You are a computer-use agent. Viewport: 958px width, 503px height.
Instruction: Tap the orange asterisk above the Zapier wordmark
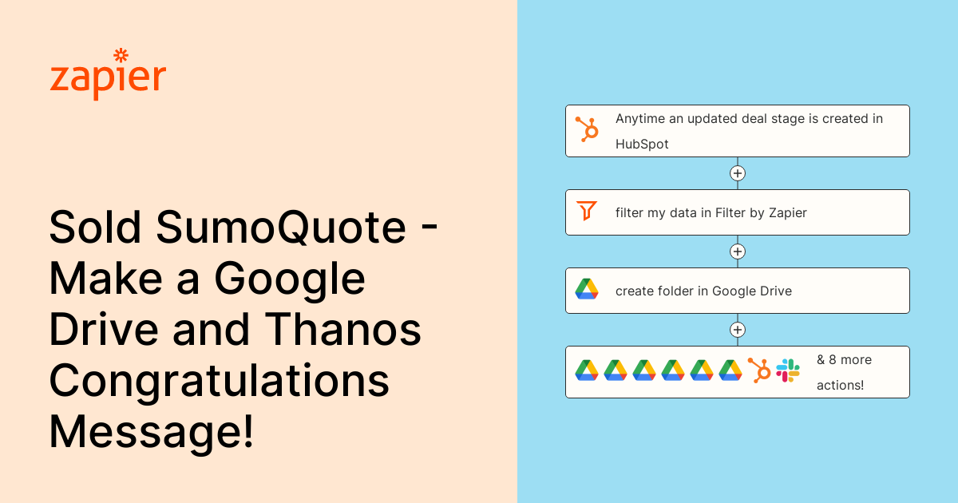[121, 55]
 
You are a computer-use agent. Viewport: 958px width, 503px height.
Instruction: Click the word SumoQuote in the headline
[281, 228]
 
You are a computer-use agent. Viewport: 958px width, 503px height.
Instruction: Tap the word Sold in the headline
[97, 228]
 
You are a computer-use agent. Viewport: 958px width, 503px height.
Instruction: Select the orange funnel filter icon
[587, 212]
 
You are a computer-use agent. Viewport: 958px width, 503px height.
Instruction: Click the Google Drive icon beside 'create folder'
[587, 290]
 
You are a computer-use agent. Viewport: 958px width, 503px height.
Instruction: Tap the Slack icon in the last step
[788, 370]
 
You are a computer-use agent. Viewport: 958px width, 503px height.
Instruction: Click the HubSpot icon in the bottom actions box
[759, 370]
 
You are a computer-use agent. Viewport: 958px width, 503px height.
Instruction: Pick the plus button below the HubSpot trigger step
[738, 173]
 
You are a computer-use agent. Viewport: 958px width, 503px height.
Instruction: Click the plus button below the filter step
[738, 252]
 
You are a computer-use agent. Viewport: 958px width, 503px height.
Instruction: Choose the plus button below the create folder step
[738, 330]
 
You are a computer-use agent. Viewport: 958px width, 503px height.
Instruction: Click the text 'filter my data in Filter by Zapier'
[711, 212]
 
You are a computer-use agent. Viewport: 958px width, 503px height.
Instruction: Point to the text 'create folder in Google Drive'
[703, 291]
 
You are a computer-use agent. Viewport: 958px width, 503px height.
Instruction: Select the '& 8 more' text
[844, 360]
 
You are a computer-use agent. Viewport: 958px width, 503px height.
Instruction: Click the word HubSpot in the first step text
[642, 145]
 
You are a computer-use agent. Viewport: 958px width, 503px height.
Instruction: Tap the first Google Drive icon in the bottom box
[587, 370]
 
